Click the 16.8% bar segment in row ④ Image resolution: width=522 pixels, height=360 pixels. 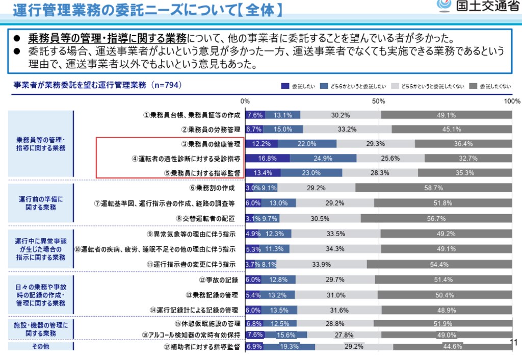pyautogui.click(x=268, y=159)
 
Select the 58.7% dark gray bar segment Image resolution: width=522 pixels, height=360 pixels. pyautogui.click(x=433, y=188)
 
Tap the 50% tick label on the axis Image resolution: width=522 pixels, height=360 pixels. pyautogui.click(x=378, y=101)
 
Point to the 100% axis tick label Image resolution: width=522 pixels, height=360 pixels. pyautogui.click(x=511, y=101)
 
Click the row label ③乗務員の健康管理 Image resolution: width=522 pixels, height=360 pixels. pyautogui.click(x=211, y=144)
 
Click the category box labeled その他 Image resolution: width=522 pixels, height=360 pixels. pyautogui.click(x=41, y=346)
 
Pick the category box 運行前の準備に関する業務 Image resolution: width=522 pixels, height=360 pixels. pyautogui.click(x=41, y=203)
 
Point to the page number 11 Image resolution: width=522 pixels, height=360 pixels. pyautogui.click(x=513, y=342)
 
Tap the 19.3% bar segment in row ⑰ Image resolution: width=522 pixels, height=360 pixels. pyautogui.click(x=290, y=346)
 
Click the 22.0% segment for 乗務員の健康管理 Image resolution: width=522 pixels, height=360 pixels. pyautogui.click(x=307, y=144)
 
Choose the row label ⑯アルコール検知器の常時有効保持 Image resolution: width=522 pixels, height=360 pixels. pyautogui.click(x=191, y=335)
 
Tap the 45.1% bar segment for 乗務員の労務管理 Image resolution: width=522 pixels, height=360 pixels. pyautogui.click(x=452, y=129)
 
